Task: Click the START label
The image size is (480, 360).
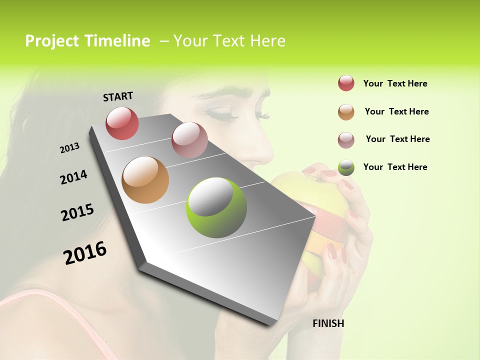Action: [118, 96]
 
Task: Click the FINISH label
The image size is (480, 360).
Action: [328, 323]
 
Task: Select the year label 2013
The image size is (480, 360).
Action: [70, 147]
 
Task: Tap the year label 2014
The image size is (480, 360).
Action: [73, 177]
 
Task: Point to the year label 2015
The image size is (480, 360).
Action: [77, 212]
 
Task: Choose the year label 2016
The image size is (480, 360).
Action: [85, 252]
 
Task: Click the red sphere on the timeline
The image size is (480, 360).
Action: [122, 123]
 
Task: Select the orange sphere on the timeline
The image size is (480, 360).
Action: [145, 180]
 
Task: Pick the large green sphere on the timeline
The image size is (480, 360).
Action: [216, 207]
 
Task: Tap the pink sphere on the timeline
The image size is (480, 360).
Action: [189, 140]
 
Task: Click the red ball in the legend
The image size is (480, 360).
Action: [346, 83]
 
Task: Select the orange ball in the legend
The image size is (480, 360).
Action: [346, 112]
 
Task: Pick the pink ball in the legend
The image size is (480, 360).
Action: [346, 140]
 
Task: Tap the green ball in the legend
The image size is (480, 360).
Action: [346, 168]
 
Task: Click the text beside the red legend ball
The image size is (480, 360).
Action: [395, 83]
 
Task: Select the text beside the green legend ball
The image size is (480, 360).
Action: [395, 167]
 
